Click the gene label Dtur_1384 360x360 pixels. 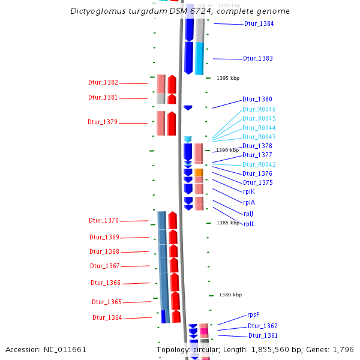point(259,24)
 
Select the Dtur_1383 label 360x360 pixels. point(258,59)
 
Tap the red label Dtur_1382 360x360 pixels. point(103,83)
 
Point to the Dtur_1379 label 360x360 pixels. point(103,122)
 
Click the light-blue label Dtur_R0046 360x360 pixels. point(259,110)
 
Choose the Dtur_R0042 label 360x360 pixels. point(259,164)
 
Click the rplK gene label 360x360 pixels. point(249,192)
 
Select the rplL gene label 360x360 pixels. point(249,224)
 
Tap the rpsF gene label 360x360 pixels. point(253,315)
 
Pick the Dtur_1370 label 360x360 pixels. point(104,221)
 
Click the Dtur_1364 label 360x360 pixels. point(107,318)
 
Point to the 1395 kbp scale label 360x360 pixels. point(228,78)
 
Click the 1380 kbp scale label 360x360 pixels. point(230,295)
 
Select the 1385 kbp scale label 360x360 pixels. point(228,223)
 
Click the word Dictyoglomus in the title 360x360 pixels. point(100,11)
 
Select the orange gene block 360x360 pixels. point(199,173)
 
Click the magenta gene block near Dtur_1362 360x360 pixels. point(204,331)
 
